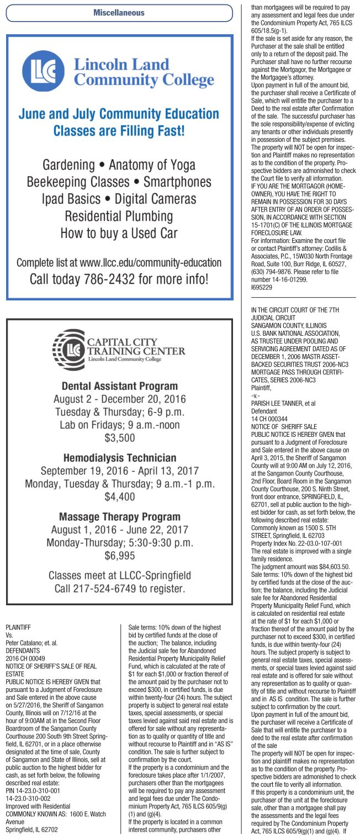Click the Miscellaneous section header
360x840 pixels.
119,12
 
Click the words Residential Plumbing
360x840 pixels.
119,215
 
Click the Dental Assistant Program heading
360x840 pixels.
119,385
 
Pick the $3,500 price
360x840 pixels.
119,439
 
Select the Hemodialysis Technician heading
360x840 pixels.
119,458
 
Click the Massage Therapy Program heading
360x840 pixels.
119,517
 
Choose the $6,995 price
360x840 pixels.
119,554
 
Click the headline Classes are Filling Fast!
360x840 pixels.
119,131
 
